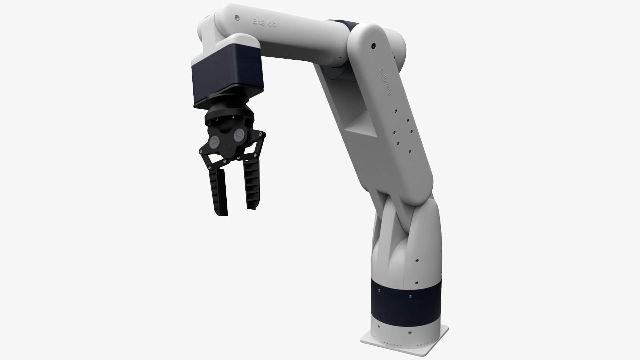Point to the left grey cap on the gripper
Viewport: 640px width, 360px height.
point(214,142)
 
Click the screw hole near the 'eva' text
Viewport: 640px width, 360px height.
point(236,17)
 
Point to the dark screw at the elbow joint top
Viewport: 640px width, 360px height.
point(373,45)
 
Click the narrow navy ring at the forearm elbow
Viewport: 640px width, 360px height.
point(347,25)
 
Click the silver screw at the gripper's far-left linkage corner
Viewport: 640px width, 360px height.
point(201,152)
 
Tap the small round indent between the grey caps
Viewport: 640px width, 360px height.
point(228,146)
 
